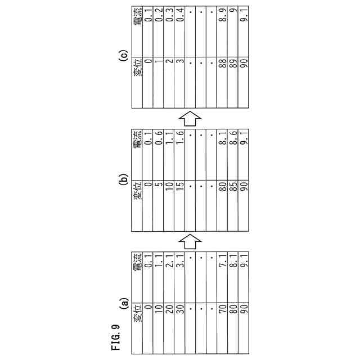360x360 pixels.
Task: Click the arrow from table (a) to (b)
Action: (190, 240)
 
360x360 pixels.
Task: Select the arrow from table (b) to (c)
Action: (190, 118)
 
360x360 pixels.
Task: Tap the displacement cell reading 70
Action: (222, 309)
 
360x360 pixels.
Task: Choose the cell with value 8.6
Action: (233, 138)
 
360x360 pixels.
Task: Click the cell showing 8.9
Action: (222, 16)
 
